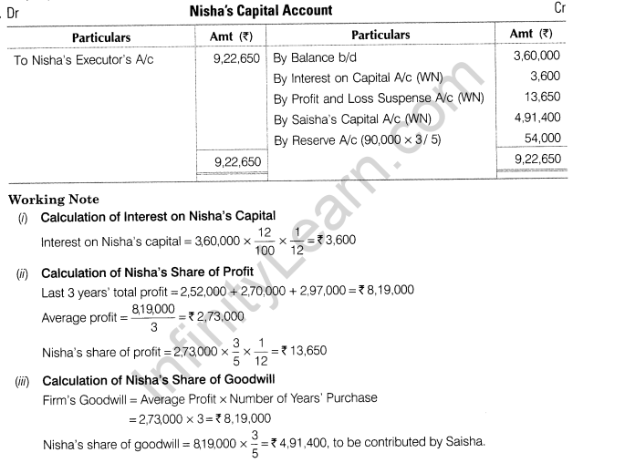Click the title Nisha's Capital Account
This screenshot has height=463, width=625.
tap(262, 11)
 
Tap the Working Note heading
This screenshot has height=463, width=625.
tap(53, 199)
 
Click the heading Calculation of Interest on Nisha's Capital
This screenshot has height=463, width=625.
tap(159, 216)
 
